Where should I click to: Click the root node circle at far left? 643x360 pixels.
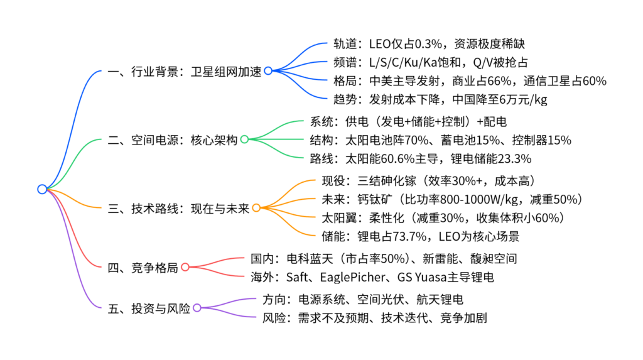coord(42,189)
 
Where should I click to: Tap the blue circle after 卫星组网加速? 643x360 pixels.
coord(268,71)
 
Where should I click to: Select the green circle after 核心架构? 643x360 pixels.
coord(244,139)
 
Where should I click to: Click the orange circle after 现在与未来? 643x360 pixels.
coord(256,208)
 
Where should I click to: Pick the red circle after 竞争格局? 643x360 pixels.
coord(185,268)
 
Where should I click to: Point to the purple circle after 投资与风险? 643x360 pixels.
coord(197,308)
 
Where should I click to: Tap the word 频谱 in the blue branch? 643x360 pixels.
coord(345,62)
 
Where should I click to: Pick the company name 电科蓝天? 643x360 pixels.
coord(308,258)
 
